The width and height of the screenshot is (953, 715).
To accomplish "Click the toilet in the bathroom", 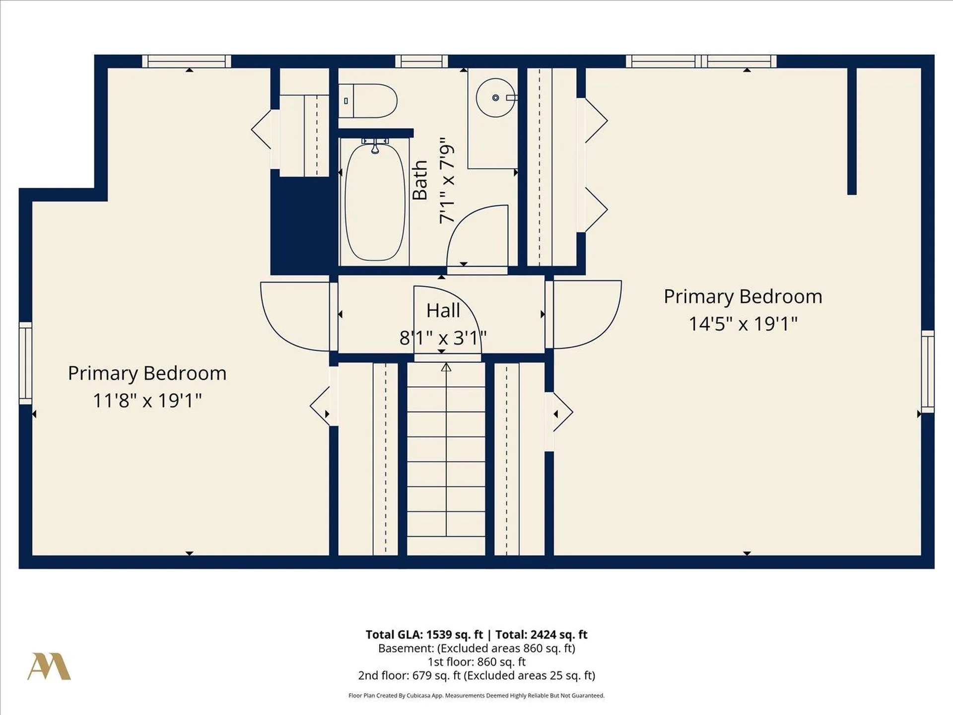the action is pos(368,101).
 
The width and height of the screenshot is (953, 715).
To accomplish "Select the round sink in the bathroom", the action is pos(495,97).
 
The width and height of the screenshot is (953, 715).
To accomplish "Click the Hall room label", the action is pos(443,311).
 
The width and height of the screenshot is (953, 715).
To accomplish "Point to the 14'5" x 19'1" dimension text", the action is pos(743,324).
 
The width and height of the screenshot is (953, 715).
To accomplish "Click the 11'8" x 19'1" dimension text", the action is pos(147,400).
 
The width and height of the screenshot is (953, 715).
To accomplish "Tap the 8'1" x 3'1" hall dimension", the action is pos(443,338).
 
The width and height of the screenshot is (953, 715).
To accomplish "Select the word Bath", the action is pos(420,180).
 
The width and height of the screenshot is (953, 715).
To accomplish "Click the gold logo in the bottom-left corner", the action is pos(49,666).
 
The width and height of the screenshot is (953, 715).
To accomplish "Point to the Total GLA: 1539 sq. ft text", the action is pos(424,635).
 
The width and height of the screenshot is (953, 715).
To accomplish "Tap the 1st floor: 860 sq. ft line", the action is pos(476,662).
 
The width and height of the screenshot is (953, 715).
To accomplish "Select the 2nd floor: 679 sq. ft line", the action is pos(476,675).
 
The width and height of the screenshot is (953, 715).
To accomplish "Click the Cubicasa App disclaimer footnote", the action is pos(476,696).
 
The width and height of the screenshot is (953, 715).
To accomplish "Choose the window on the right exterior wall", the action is pos(928,371).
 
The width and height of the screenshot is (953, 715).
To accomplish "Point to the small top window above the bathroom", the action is pos(421,61).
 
